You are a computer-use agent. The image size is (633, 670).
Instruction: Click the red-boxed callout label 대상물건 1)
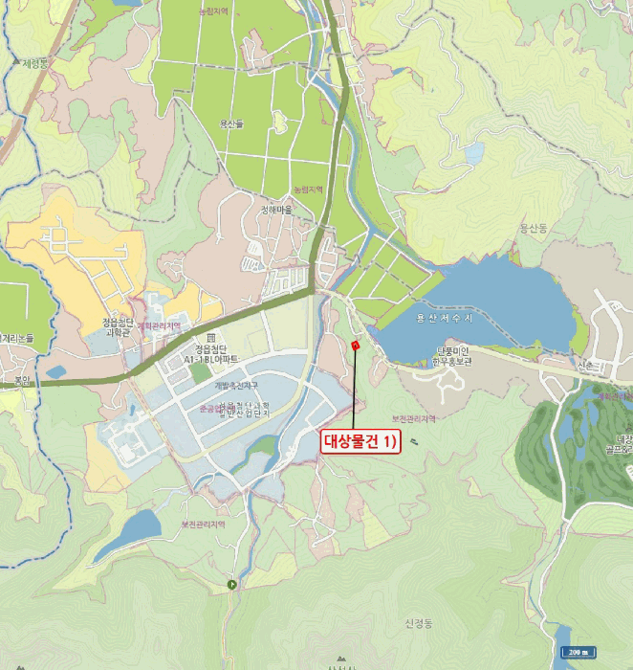pyautogui.click(x=359, y=441)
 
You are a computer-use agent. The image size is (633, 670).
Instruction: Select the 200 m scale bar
pyautogui.click(x=578, y=653)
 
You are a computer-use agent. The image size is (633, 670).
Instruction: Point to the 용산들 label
pyautogui.click(x=232, y=123)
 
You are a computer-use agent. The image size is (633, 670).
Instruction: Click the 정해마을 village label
pyautogui.click(x=277, y=211)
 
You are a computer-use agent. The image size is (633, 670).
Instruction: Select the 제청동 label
pyautogui.click(x=36, y=64)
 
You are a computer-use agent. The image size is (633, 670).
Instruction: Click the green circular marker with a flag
pyautogui.click(x=231, y=584)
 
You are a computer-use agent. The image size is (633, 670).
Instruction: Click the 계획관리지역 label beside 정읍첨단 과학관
pyautogui.click(x=159, y=326)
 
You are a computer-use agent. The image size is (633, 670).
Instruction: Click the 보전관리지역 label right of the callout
pyautogui.click(x=414, y=419)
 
